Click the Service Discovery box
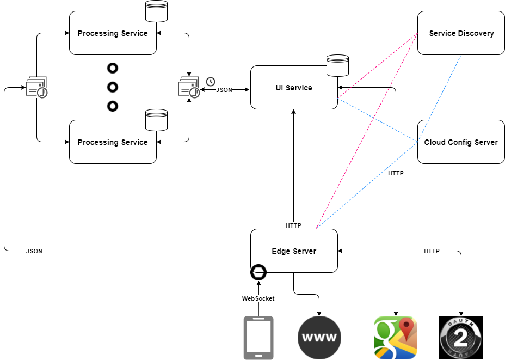pos(461,33)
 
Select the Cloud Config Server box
pos(461,142)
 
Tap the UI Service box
pos(294,88)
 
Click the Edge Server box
pos(294,251)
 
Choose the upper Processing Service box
pos(113,33)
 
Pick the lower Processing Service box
pos(113,142)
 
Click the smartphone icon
pos(258,338)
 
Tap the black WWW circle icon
pos(319,337)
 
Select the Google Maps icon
pos(396,338)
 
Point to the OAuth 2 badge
pos(461,338)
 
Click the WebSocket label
pos(258,298)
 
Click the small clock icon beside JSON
pos(210,82)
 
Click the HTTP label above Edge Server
pos(293,225)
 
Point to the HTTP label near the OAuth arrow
pos(432,251)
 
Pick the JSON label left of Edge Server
pos(34,251)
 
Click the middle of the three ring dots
pos(113,87)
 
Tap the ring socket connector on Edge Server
pos(258,272)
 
